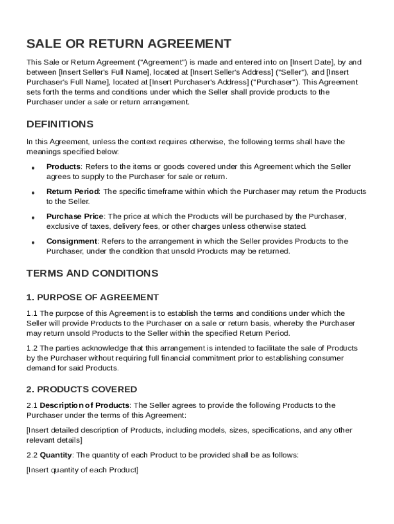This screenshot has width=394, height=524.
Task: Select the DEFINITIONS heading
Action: click(x=60, y=124)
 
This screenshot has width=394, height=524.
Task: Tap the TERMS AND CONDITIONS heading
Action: click(x=92, y=273)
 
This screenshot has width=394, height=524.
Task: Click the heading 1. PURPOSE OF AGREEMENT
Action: click(x=93, y=297)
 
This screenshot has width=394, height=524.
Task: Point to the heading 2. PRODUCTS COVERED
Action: click(x=81, y=389)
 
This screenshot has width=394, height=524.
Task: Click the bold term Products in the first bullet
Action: click(x=63, y=167)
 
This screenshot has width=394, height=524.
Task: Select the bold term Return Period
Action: click(x=72, y=191)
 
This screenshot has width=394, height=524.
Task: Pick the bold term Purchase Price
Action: click(x=75, y=216)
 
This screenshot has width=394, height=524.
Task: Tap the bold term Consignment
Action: click(x=72, y=241)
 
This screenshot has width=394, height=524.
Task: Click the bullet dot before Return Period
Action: click(x=32, y=193)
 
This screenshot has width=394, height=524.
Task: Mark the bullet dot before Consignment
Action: click(x=32, y=243)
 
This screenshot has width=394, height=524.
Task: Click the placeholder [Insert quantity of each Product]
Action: click(x=82, y=470)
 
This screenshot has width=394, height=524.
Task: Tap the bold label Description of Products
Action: click(x=84, y=405)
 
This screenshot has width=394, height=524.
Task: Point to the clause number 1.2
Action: click(x=32, y=348)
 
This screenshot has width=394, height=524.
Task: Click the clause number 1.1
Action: click(x=32, y=313)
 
